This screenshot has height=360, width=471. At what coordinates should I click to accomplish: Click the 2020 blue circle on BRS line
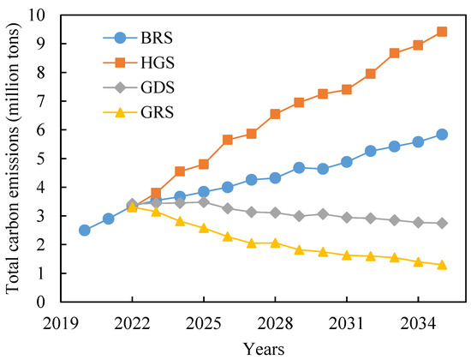84,230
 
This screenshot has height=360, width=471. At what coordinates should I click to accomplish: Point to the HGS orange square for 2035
442,32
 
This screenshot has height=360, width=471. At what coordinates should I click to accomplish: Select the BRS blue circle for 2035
442,135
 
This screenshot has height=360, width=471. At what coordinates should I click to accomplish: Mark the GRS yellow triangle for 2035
442,265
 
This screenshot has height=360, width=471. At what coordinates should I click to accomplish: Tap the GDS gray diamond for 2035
442,223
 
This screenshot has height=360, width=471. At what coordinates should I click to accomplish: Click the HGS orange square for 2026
228,140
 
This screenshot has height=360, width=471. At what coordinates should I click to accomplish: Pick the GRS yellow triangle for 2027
251,243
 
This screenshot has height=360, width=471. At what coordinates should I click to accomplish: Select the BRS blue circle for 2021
108,219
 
